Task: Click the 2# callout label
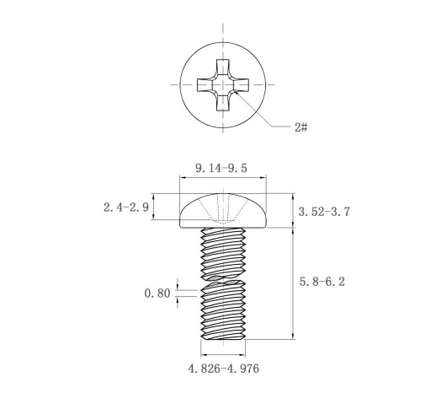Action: [300, 127]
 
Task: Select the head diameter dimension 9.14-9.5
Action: [221, 169]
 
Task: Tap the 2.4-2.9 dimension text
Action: [126, 207]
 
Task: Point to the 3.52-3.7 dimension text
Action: [324, 212]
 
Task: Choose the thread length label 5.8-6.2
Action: [322, 282]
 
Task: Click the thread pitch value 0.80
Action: [157, 293]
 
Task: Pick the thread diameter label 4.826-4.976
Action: [224, 369]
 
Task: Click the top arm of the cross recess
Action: [223, 67]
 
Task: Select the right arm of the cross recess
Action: [240, 84]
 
